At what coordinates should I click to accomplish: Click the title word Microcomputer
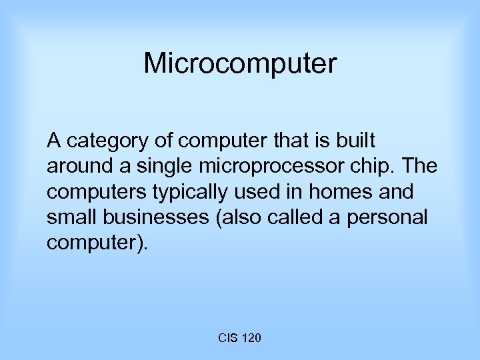point(240,64)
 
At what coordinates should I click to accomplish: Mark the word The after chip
point(420,167)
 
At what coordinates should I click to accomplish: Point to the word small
point(70,217)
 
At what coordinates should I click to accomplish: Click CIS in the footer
point(226,339)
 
